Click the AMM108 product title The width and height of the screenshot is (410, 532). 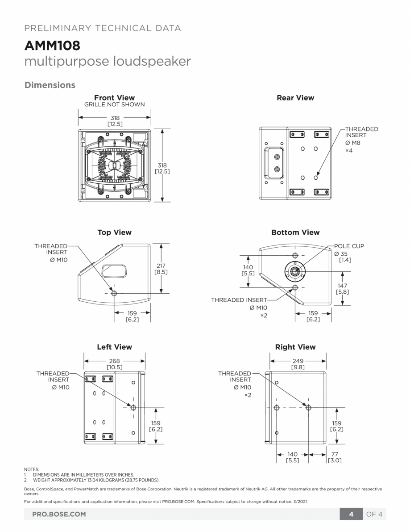click(52, 45)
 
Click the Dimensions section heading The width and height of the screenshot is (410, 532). click(50, 85)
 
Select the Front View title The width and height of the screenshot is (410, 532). click(114, 97)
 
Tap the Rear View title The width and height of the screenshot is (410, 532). click(295, 97)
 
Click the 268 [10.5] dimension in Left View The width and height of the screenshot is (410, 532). click(115, 364)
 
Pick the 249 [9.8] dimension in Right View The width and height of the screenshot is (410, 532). click(298, 364)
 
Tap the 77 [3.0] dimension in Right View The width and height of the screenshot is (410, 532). click(335, 457)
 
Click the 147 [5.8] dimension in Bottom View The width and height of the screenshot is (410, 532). click(342, 288)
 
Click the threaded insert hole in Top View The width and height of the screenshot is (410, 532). click(114, 293)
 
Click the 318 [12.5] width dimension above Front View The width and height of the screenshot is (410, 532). click(115, 121)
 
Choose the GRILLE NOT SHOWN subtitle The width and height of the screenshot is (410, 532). click(114, 105)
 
